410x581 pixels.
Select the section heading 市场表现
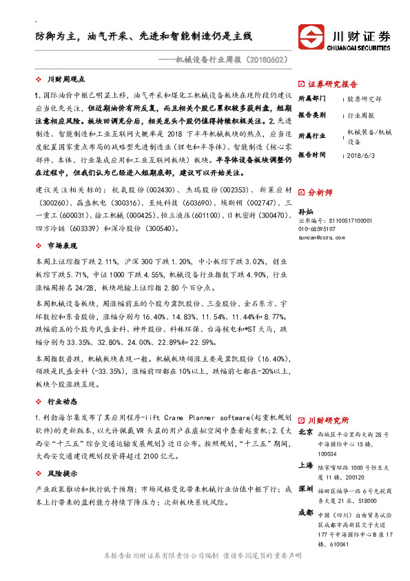click(x=61, y=246)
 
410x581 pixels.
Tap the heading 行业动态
click(x=61, y=400)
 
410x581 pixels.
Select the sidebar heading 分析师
click(x=320, y=193)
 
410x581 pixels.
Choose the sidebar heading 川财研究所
click(x=328, y=420)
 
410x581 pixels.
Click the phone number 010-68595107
click(x=318, y=228)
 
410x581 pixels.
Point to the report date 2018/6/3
click(x=360, y=155)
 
